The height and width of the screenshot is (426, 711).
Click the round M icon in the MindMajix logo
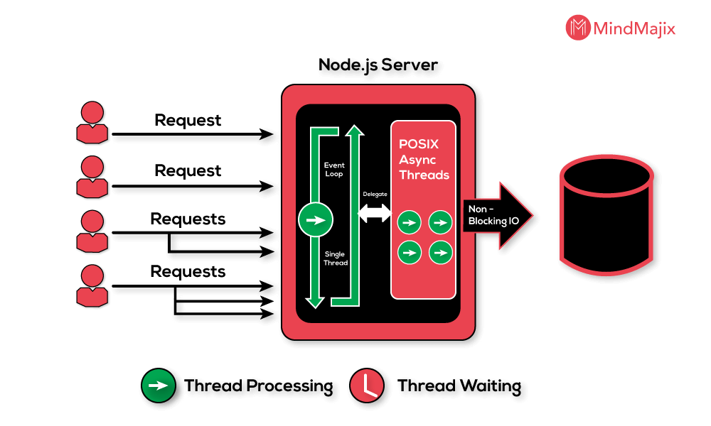tap(578, 28)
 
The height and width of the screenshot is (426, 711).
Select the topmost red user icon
tap(92, 123)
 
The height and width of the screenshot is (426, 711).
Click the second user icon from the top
tap(92, 177)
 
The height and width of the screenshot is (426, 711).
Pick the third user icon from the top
tap(92, 231)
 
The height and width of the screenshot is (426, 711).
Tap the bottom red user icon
tap(92, 285)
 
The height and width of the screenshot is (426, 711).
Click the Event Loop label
tap(333, 170)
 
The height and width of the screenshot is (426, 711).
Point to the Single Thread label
tap(335, 258)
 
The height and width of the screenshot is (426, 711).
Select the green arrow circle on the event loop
tap(316, 220)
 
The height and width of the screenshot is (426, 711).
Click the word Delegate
tap(375, 194)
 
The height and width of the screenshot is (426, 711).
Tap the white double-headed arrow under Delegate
tap(375, 212)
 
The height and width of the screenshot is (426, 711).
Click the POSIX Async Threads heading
tap(424, 160)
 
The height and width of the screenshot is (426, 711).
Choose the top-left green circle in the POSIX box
tap(409, 222)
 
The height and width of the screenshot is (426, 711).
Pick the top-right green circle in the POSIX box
tap(441, 222)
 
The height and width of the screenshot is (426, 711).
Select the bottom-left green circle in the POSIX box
tap(409, 251)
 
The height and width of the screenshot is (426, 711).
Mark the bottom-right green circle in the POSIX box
tap(441, 251)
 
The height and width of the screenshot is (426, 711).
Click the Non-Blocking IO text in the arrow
tap(493, 215)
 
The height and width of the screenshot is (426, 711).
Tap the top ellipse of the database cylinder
tap(606, 175)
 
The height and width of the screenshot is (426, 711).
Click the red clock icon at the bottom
tap(367, 386)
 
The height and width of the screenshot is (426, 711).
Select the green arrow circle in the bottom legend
tap(159, 386)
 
